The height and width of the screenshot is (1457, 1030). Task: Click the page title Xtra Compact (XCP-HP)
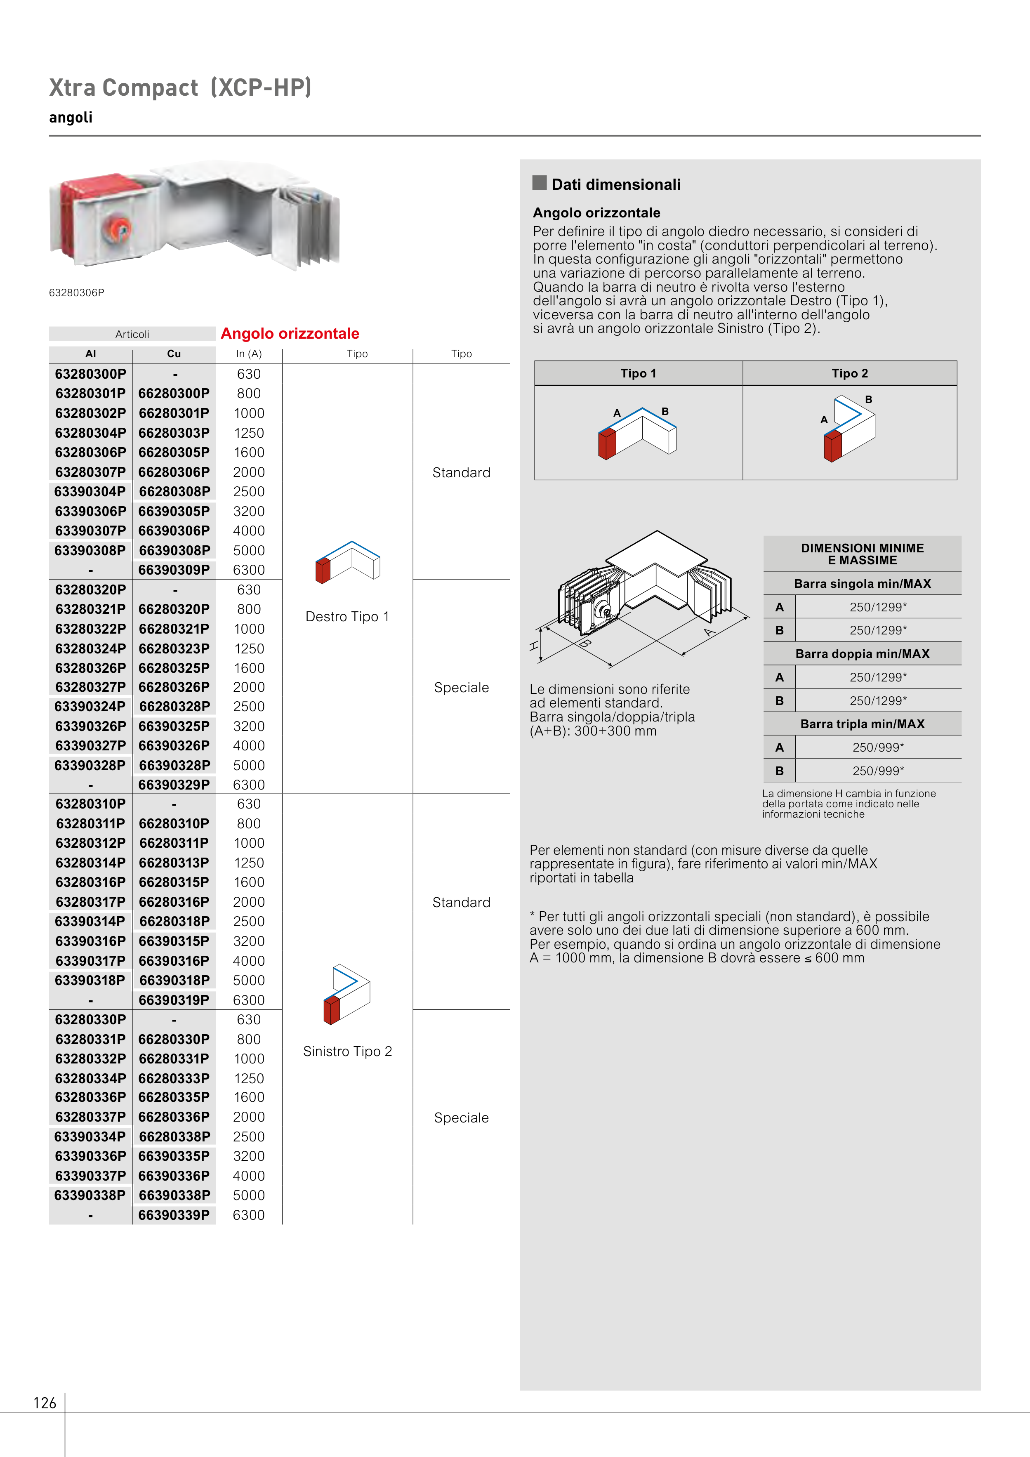point(180,87)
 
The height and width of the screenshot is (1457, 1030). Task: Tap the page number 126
point(45,1403)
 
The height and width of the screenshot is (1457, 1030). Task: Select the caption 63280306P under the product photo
point(76,292)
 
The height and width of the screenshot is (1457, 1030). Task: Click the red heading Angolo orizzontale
point(290,334)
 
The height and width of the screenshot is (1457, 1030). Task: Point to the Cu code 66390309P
point(174,570)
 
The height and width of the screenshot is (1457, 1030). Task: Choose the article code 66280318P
point(174,922)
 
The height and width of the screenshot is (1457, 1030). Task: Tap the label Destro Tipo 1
point(347,617)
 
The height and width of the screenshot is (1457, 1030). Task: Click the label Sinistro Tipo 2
point(347,1051)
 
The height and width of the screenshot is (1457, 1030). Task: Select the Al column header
point(91,354)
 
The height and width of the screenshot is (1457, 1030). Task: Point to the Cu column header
point(174,354)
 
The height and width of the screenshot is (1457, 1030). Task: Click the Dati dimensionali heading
point(615,185)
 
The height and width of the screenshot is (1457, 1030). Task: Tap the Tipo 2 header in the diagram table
point(850,374)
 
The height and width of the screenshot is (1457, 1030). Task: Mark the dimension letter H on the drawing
point(534,646)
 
